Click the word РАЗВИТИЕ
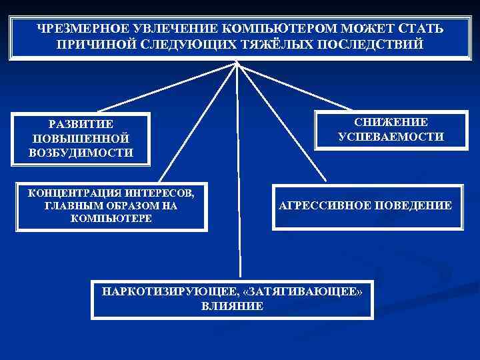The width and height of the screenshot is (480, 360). (81, 124)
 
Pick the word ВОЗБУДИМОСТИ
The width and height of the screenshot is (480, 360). (81, 152)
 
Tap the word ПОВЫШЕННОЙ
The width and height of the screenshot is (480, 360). (81, 138)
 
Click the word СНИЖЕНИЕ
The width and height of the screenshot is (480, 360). (391, 123)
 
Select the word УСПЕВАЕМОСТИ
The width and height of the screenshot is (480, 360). (391, 137)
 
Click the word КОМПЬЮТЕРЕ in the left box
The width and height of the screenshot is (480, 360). (111, 219)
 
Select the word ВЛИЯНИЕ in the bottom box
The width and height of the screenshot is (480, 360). (231, 306)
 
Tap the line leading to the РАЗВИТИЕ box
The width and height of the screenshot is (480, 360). (167, 87)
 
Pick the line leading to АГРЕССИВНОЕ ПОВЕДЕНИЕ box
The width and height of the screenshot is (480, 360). (287, 127)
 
